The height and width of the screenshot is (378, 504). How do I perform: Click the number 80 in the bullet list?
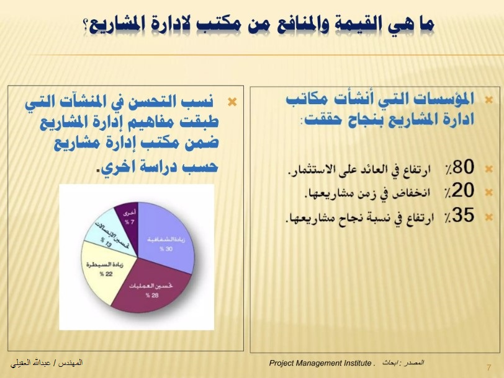point(464,167)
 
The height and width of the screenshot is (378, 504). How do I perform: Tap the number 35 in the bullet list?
point(464,216)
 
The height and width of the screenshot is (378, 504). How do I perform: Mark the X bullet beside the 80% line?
point(488,167)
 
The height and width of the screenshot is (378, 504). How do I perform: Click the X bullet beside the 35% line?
point(488,217)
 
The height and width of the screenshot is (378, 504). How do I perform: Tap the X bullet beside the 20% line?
point(488,192)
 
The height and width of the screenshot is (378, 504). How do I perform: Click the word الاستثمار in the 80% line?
point(316,167)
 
